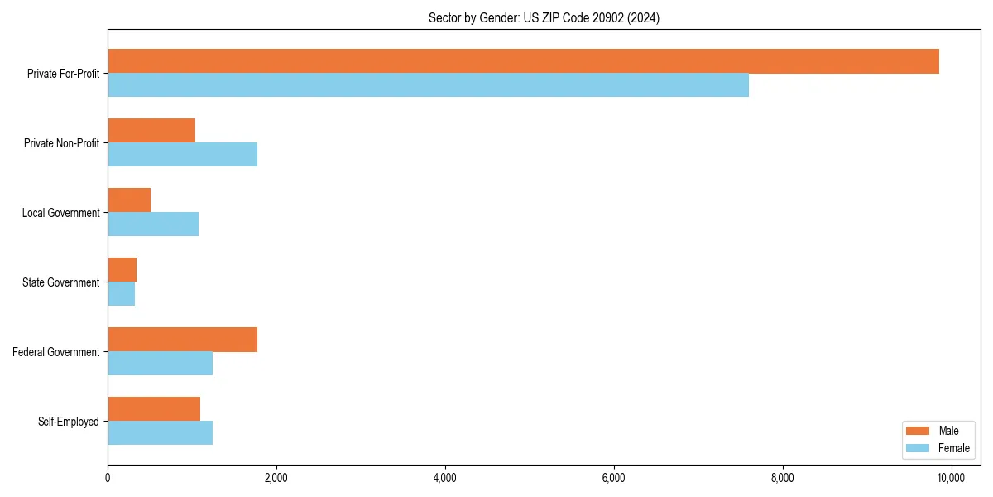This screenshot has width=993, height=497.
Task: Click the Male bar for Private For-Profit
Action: tap(523, 61)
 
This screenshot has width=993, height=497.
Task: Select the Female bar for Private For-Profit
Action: tap(428, 85)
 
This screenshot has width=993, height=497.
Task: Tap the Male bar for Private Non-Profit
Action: tap(151, 131)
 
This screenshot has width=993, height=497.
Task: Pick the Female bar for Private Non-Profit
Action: tap(182, 155)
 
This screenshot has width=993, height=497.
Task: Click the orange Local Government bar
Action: tap(129, 200)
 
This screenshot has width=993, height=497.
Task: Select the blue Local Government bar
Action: tap(153, 224)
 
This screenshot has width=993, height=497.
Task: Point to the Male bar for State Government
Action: tap(122, 270)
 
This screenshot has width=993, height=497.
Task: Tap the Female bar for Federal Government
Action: tap(160, 364)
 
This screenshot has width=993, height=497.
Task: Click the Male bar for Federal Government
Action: tap(182, 340)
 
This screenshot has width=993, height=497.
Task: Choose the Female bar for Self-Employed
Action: tap(160, 433)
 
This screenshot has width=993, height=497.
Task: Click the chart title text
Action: tap(544, 17)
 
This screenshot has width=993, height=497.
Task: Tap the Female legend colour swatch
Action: tap(919, 448)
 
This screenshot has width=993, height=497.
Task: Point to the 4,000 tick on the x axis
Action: tap(445, 478)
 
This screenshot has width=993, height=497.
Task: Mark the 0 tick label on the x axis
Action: tap(108, 478)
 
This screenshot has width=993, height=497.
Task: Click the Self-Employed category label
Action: tap(69, 422)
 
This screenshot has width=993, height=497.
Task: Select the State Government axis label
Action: tap(61, 282)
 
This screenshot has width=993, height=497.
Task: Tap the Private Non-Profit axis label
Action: tap(62, 143)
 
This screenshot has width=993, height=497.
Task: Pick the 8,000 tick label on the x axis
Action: tap(782, 478)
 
